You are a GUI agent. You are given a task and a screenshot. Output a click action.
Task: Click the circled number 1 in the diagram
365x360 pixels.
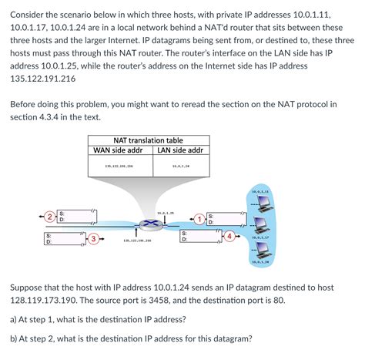[x=199, y=219]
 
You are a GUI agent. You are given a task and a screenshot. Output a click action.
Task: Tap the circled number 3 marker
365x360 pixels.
[x=93, y=239]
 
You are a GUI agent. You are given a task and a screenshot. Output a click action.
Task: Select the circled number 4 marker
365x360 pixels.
[x=229, y=234]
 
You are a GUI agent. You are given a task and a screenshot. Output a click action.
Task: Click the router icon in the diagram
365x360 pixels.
[x=152, y=224]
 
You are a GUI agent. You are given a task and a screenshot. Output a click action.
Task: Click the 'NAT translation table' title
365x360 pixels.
[x=148, y=140]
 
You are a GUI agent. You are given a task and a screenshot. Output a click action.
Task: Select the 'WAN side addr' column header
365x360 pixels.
[x=119, y=150]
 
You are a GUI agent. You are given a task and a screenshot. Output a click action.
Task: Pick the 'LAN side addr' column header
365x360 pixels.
[x=179, y=150]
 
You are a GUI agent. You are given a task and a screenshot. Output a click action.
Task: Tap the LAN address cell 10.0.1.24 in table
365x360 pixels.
[x=181, y=166]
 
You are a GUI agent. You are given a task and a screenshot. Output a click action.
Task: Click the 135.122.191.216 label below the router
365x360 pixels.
[x=137, y=241]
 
